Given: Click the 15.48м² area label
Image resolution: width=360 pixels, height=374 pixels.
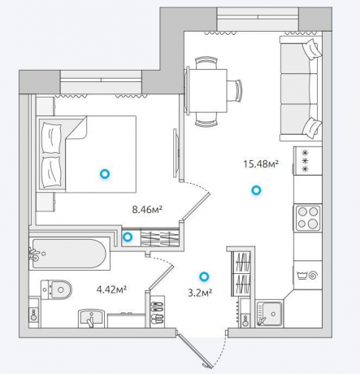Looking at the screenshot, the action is (x=261, y=164).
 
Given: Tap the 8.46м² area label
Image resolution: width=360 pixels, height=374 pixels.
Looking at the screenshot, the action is (x=147, y=210).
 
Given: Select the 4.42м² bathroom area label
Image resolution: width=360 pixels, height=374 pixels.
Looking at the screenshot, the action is (x=111, y=289).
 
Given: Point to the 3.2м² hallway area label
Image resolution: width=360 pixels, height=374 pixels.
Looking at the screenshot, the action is (x=200, y=293).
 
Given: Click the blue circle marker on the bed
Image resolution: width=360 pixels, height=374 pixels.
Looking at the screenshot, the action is (x=104, y=174).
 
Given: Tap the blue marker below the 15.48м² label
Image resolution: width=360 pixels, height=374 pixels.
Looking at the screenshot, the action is (x=256, y=190).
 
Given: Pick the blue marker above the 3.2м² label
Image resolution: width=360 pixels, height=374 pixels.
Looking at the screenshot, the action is (x=204, y=276).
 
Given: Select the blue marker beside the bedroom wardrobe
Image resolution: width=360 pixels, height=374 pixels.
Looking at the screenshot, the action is (x=128, y=237).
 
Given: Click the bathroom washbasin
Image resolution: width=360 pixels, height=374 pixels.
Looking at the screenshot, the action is (x=91, y=319).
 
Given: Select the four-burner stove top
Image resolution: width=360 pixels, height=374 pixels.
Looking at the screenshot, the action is (x=307, y=218).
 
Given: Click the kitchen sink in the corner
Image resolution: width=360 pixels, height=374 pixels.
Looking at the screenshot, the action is (x=269, y=314).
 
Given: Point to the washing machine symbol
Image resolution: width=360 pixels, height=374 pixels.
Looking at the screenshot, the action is (x=307, y=276).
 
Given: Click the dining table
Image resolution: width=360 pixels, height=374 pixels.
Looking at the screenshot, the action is (x=206, y=90).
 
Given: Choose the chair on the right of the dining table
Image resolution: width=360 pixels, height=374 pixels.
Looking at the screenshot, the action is (x=234, y=90).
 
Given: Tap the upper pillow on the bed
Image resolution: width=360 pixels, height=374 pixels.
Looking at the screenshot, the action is (x=51, y=138).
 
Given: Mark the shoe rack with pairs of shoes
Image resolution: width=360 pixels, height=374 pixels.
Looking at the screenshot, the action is (x=157, y=311).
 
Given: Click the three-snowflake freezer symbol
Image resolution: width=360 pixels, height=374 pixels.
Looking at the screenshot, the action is (x=306, y=161).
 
